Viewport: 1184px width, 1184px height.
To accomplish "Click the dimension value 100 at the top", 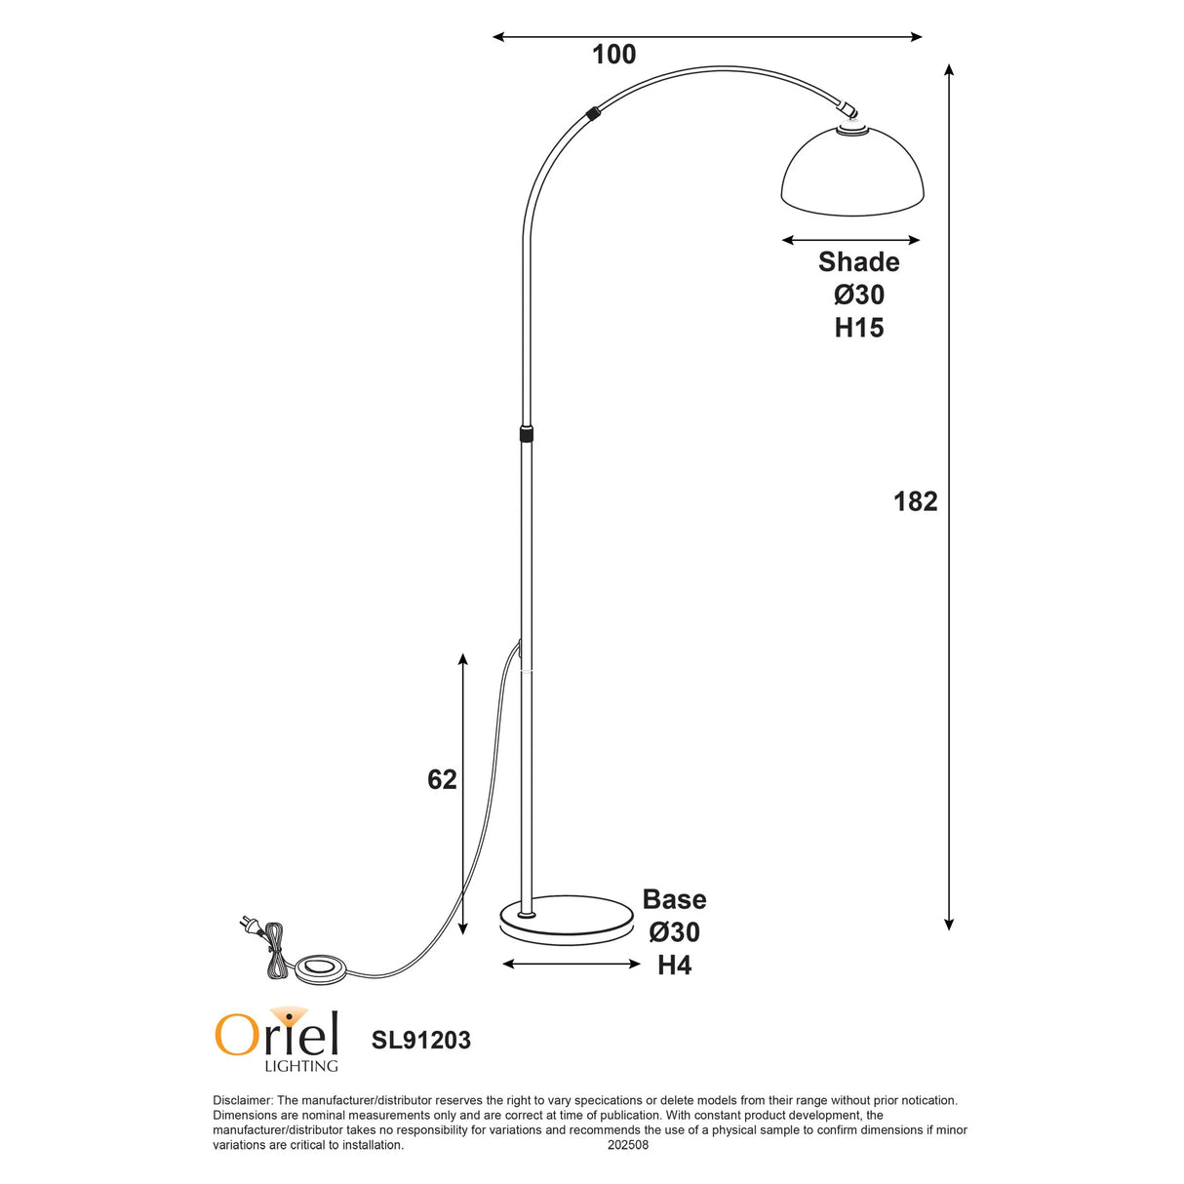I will tap(613, 55).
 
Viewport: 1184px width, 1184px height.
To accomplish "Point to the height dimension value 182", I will tap(915, 501).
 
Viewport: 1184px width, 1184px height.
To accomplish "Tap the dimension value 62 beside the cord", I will tap(442, 779).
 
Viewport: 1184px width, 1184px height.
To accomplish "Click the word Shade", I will tap(858, 261).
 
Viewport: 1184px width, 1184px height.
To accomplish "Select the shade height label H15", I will tap(858, 328).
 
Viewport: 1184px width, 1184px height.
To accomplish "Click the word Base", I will tap(674, 899).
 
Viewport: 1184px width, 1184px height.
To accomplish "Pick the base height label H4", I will tap(674, 966).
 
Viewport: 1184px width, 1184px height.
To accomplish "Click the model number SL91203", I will tap(420, 1041).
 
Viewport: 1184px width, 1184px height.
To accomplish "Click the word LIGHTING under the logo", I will tap(301, 1066).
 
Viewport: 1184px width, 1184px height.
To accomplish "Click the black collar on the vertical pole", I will tap(527, 433).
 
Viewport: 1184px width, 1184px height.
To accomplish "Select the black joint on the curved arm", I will tap(593, 112).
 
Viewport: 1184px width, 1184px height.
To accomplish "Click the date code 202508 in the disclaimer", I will tap(627, 1145).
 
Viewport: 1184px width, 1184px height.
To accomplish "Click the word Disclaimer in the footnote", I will tap(241, 1100).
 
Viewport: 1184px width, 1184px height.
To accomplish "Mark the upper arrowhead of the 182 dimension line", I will tap(949, 70).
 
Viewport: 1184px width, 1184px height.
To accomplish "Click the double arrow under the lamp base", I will tap(571, 964).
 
